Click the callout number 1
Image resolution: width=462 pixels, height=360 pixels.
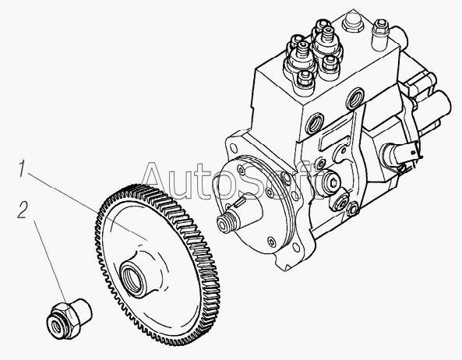point(22,168)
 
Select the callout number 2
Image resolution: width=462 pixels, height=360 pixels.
point(23,210)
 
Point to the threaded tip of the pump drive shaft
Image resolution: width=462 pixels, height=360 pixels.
point(226,222)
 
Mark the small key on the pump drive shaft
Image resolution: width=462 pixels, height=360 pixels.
point(240,202)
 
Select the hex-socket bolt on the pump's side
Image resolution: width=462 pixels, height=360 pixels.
point(332,183)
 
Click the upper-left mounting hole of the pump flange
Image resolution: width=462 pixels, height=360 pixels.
point(233,146)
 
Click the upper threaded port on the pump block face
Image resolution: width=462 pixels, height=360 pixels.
point(355,98)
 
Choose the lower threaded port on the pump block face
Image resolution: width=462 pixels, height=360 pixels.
point(315,122)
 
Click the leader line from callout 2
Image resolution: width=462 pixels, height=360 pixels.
point(52,266)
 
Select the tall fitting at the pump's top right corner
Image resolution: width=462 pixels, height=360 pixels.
point(379,35)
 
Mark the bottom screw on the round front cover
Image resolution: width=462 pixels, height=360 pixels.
point(272,242)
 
